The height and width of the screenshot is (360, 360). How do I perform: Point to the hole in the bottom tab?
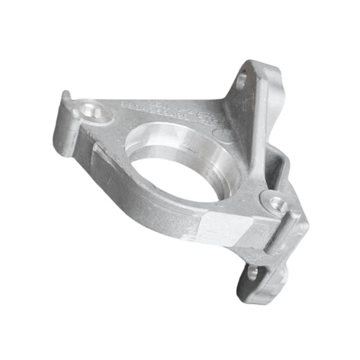[252, 273]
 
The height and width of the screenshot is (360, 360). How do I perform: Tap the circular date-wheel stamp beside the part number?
[207, 118]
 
